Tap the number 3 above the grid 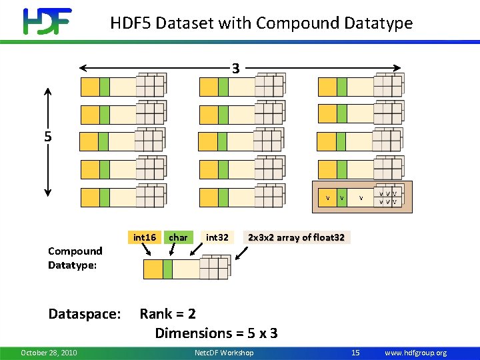[x=235, y=68]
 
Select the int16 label [x=145, y=237]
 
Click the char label [x=178, y=237]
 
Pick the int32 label [x=217, y=237]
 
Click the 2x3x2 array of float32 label [x=296, y=237]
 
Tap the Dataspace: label [x=85, y=314]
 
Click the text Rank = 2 [x=167, y=314]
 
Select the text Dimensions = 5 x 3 [x=216, y=333]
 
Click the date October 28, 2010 [x=49, y=353]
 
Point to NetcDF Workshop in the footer [x=224, y=353]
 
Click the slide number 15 [x=355, y=353]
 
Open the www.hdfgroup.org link [x=415, y=353]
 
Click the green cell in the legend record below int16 [x=167, y=269]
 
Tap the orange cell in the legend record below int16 [x=153, y=269]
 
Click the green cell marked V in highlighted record [x=341, y=198]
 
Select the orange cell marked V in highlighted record [x=327, y=198]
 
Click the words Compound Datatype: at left [x=75, y=258]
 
